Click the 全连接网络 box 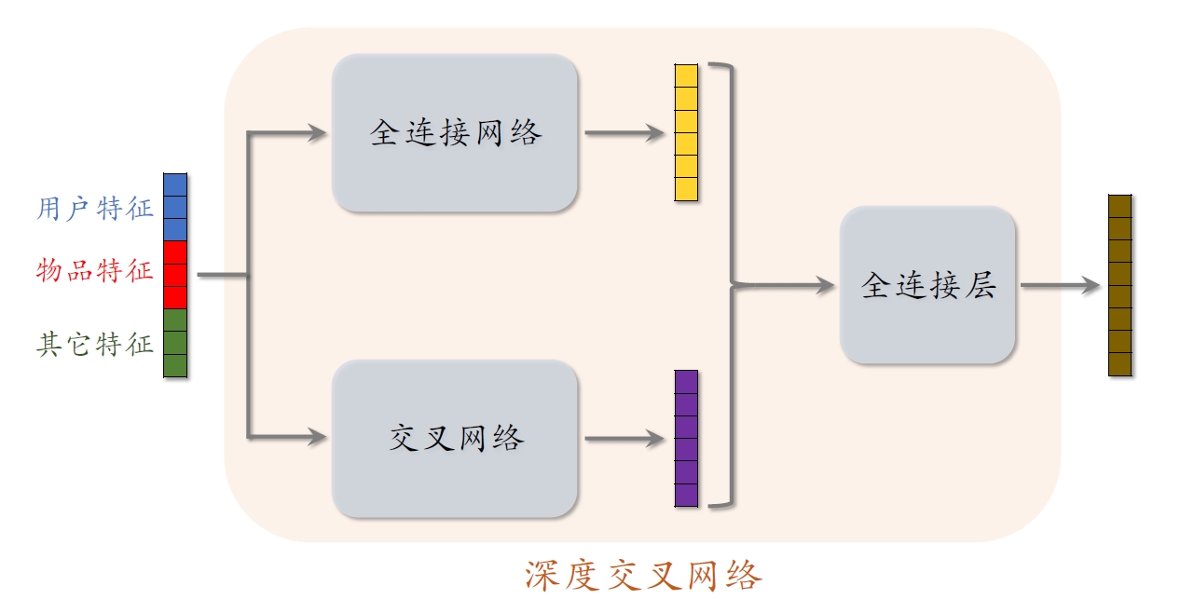click(455, 132)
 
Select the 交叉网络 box click(455, 438)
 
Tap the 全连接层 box click(927, 285)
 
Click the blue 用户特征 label click(95, 208)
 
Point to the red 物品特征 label click(95, 272)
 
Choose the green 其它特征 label click(95, 344)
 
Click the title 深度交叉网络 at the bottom click(643, 574)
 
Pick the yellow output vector click(686, 132)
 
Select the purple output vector click(686, 438)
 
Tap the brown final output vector click(1119, 285)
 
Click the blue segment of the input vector click(175, 207)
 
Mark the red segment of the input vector click(175, 275)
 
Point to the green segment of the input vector click(175, 343)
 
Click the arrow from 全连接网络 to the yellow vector click(624, 133)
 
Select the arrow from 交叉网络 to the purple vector click(624, 439)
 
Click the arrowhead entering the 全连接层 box click(824, 286)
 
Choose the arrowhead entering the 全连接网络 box click(318, 133)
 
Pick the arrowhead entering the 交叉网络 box click(318, 436)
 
